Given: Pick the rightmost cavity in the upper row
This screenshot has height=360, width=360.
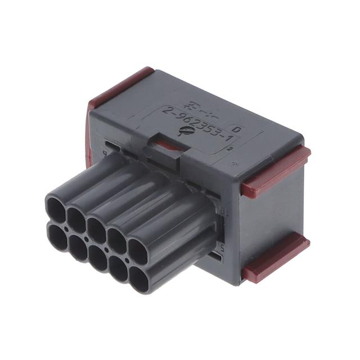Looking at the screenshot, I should tap(141, 250).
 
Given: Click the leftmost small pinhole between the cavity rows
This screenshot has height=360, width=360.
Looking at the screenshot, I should tap(66, 229).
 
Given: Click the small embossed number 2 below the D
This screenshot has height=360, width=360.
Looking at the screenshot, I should tap(231, 147).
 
